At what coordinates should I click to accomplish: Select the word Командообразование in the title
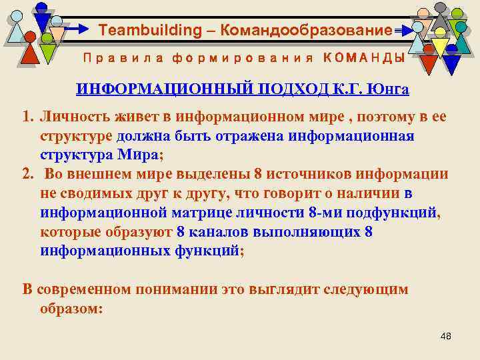[306, 31]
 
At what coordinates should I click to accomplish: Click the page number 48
[446, 336]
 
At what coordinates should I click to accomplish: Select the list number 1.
[27, 118]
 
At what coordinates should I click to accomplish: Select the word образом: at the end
[71, 309]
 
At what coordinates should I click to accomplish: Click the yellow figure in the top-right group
[440, 47]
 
